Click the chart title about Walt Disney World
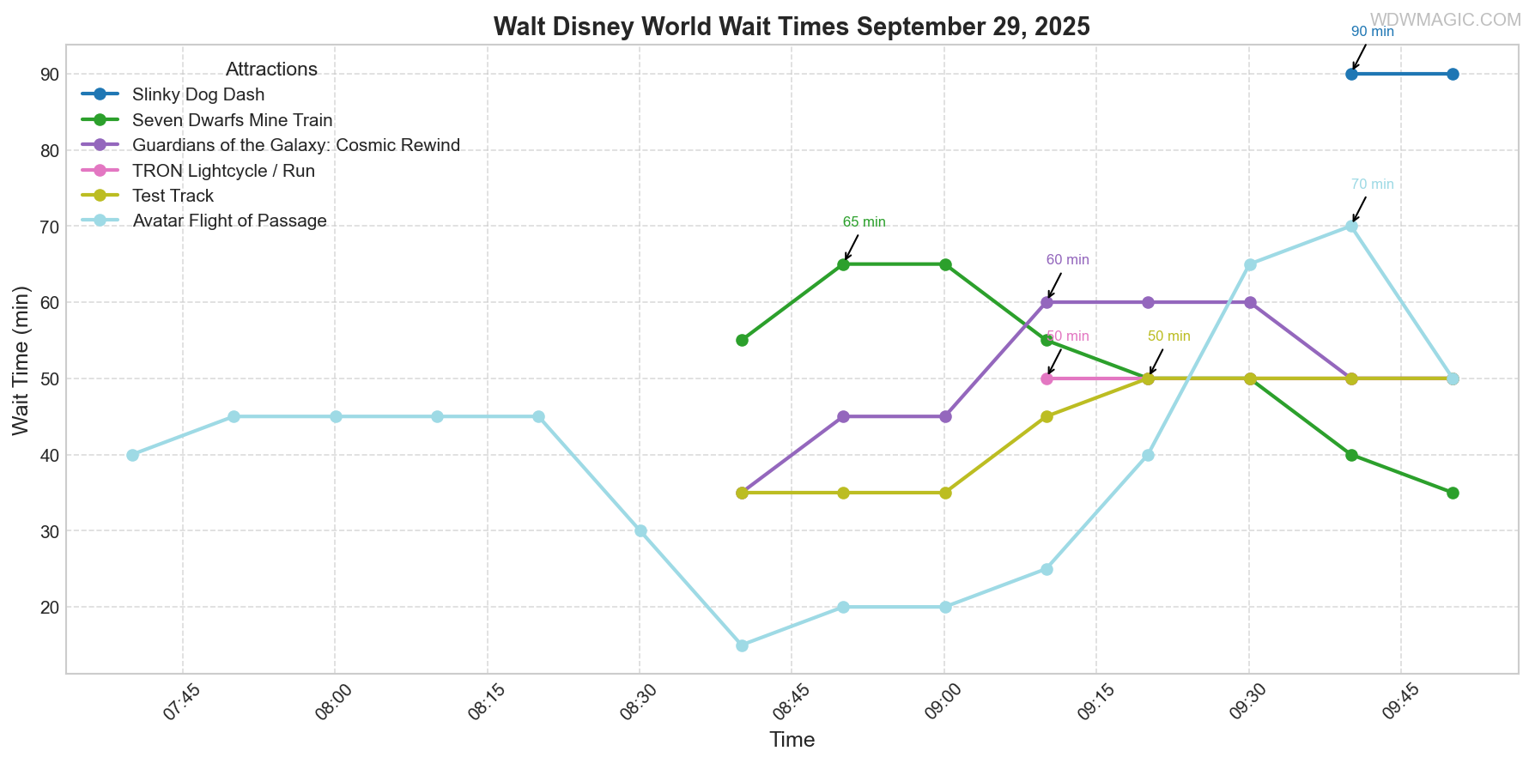click(792, 27)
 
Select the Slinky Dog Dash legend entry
click(198, 94)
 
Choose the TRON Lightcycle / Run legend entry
click(223, 171)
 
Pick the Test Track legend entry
click(173, 196)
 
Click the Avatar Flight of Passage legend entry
click(229, 221)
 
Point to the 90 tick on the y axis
click(49, 75)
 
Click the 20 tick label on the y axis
click(49, 608)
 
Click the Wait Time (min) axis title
click(21, 360)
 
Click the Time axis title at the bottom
click(792, 740)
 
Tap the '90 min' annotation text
click(1372, 32)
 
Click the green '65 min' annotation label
click(864, 222)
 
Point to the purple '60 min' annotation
click(1067, 260)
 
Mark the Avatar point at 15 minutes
click(742, 645)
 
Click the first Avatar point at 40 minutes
click(132, 455)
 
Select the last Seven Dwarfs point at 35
click(1453, 493)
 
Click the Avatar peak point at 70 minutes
click(1351, 227)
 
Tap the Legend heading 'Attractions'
click(271, 70)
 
